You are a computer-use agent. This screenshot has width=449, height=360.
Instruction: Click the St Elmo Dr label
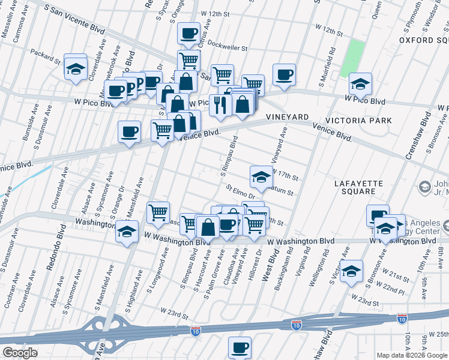[x=240, y=192]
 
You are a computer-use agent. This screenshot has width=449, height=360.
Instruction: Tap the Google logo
[x=20, y=353]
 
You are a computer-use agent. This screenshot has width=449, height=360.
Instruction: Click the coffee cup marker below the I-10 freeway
[x=240, y=347]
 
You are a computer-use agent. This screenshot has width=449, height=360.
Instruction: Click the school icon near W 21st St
[x=352, y=271]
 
